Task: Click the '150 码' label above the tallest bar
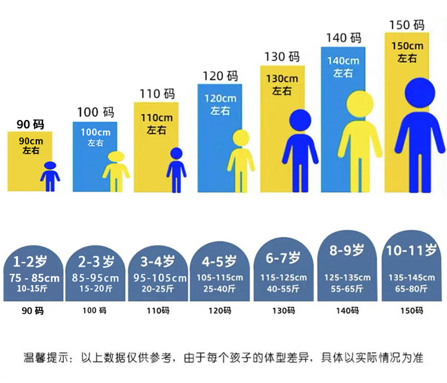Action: (407, 25)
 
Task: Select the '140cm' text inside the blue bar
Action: (343, 61)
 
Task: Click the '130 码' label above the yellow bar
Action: (282, 57)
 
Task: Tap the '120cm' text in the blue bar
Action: (220, 98)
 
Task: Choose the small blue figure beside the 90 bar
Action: (50, 177)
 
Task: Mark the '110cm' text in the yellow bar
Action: (156, 118)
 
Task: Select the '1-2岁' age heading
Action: (29, 261)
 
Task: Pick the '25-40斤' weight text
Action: (220, 289)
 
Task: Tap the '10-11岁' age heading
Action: (411, 249)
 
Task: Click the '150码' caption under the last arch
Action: (411, 311)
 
